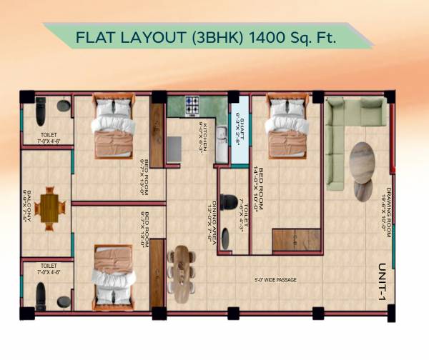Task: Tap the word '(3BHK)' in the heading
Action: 216,35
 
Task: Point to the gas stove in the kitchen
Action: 192,106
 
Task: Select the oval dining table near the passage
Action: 182,273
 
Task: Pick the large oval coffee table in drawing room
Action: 363,163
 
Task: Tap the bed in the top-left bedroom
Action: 112,128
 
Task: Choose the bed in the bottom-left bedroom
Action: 112,274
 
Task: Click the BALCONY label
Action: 27,207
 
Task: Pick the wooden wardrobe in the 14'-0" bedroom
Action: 295,240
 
